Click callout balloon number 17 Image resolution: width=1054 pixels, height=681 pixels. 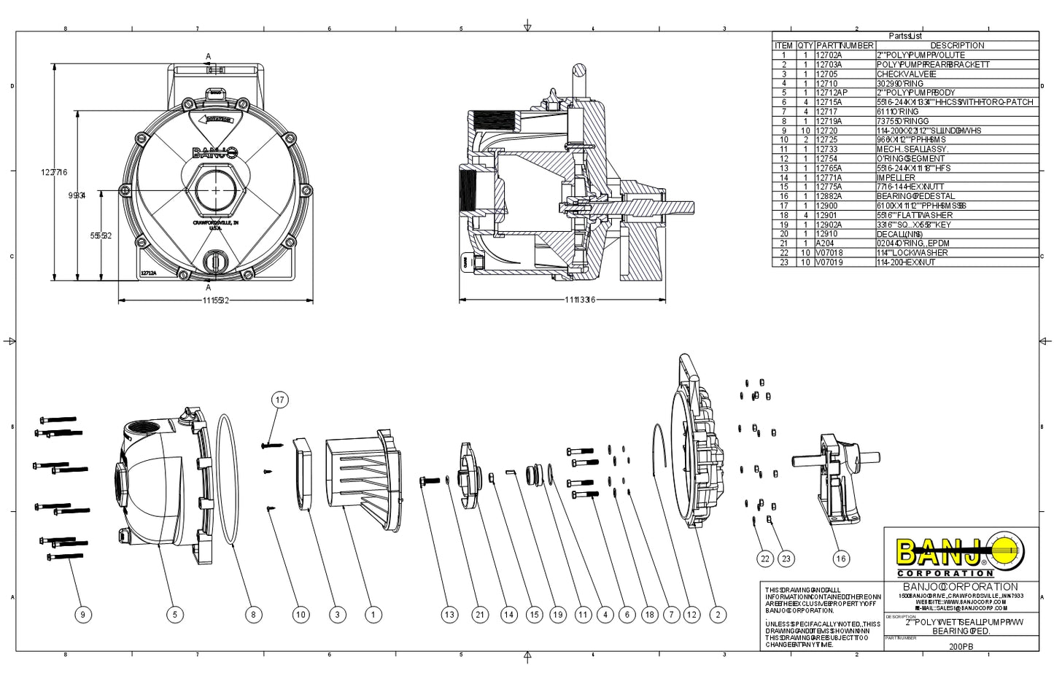pos(279,400)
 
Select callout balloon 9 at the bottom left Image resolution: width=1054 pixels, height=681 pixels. pos(82,615)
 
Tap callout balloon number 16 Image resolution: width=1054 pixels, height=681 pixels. pos(841,559)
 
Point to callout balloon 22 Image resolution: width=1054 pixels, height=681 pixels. pos(764,559)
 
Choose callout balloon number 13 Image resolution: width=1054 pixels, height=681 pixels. pos(449,615)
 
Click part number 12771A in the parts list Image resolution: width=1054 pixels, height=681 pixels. pos(829,177)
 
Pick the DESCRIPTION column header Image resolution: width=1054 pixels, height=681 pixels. pos(957,45)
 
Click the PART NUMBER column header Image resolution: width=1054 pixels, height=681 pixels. pos(845,45)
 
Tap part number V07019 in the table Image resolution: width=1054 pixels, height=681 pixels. pos(829,262)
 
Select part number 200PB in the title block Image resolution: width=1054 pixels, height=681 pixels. pos(961,646)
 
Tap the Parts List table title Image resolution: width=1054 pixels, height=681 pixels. pos(905,36)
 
